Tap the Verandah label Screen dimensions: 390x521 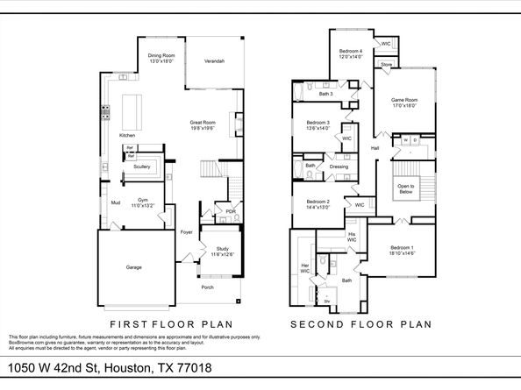pos(214,61)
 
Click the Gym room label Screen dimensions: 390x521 pos(140,203)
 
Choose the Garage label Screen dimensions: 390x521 pos(133,267)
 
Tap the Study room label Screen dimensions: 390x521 pos(221,252)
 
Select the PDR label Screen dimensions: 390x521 pos(230,211)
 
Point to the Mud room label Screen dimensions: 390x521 pos(115,203)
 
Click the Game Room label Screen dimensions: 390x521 pos(403,103)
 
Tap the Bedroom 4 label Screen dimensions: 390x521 pos(351,54)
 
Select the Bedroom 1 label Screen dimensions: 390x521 pos(403,250)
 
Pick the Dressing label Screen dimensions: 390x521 pos(339,167)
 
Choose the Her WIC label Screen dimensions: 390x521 pos(305,267)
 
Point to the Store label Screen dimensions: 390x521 pos(386,65)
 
